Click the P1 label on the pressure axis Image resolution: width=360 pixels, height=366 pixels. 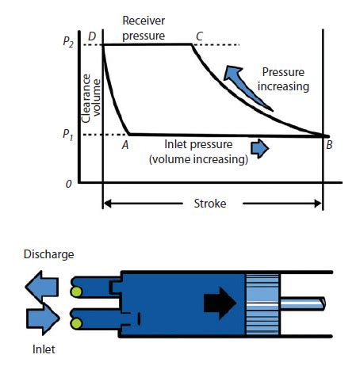[x=69, y=135]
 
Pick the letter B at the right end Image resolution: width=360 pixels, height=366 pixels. [x=328, y=145]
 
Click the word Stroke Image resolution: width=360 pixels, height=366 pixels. [x=211, y=204]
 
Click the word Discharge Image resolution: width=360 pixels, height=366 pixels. [x=48, y=254]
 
